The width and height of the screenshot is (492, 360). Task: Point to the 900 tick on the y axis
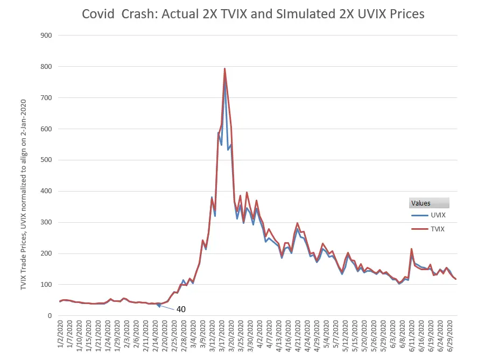47,36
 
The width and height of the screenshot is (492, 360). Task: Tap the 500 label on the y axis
47,160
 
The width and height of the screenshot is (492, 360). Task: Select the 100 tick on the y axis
47,284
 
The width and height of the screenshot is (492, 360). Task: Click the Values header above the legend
420,203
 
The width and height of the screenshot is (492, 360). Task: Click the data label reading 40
181,309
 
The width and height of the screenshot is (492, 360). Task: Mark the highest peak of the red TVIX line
224,68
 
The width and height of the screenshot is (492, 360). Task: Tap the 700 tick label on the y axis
47,97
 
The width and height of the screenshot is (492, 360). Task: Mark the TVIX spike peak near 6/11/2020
411,249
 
